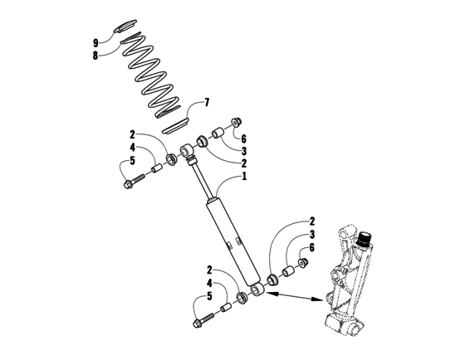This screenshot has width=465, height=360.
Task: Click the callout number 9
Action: pyautogui.click(x=96, y=43)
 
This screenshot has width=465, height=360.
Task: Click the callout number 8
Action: pyautogui.click(x=96, y=56)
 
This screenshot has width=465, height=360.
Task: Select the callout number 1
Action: pyautogui.click(x=244, y=177)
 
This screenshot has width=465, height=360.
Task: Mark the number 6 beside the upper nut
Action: pyautogui.click(x=243, y=139)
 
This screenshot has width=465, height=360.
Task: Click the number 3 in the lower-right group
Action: pyautogui.click(x=311, y=235)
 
